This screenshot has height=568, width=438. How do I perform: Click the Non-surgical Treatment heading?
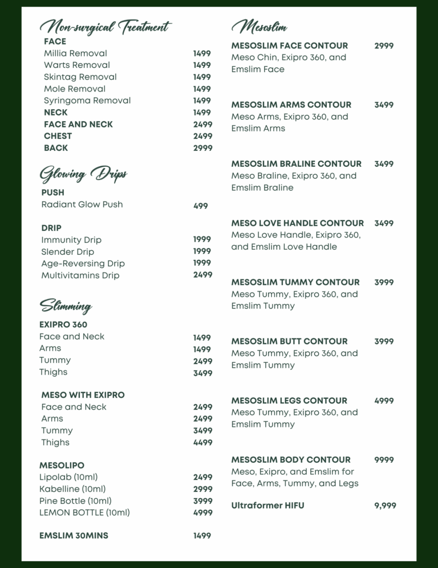coord(105,26)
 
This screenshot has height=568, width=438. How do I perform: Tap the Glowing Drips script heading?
coord(83,174)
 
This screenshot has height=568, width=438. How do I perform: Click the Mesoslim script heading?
coord(259,26)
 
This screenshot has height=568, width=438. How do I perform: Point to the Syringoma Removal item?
coord(87,101)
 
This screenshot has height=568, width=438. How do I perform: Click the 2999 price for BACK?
coord(202,148)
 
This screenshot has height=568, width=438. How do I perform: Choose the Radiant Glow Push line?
coord(82,205)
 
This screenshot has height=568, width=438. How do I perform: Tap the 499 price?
coord(201,206)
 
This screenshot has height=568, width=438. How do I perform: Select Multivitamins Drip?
coord(80,275)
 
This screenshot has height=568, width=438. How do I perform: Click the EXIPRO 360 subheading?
coord(63,325)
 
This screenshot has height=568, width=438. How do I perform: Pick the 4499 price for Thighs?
coord(202,442)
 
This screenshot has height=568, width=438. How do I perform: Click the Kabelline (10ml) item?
coord(72,489)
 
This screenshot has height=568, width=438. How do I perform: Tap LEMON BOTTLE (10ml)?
coord(84,513)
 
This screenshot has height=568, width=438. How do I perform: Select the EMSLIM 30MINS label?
coord(74,536)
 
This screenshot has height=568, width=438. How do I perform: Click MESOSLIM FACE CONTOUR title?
coord(289,46)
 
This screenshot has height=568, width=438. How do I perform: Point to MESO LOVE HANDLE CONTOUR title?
coord(297,223)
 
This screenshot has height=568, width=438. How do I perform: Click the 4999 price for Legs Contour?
coord(384,401)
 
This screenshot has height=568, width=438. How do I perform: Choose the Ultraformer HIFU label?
coord(267,506)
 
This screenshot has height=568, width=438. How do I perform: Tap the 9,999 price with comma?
coord(385,506)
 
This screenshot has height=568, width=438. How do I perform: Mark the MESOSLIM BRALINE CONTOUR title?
coord(296,164)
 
